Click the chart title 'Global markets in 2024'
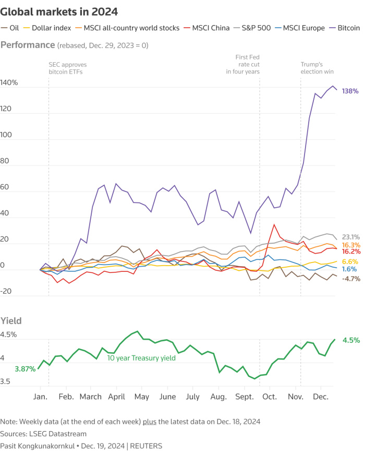pos(59,11)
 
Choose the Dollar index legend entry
pos(50,28)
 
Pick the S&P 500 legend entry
pos(255,28)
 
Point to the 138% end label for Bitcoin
pos(350,91)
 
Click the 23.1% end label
pos(351,236)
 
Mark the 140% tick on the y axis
pos(9,83)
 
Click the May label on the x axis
pos(142,397)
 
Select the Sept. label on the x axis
pos(244,397)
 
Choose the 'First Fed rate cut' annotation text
pos(242,64)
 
